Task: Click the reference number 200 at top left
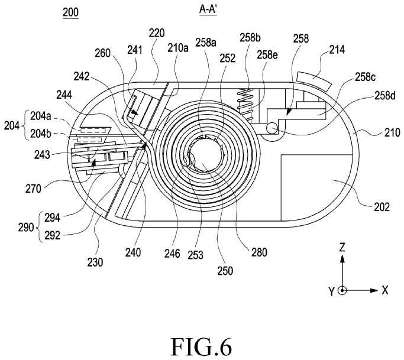[70, 12]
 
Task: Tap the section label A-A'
[208, 9]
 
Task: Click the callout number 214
[337, 50]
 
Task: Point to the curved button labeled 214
[314, 80]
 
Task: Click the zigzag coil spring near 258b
[245, 105]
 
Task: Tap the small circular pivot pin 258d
[272, 128]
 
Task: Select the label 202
[382, 207]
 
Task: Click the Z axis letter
[342, 248]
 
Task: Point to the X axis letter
[384, 290]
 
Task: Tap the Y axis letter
[331, 292]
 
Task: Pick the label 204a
[41, 116]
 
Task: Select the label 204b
[41, 134]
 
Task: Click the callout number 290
[26, 227]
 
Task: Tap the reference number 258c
[366, 77]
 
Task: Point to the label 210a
[178, 47]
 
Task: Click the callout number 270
[33, 189]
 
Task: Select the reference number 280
[259, 252]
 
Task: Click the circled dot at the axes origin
[342, 290]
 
